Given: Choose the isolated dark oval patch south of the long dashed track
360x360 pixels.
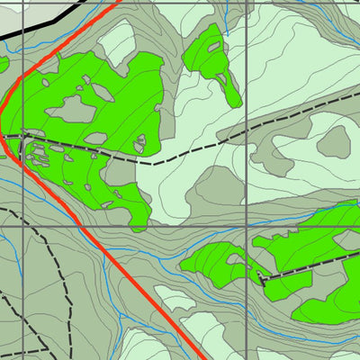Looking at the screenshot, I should pyautogui.click(x=335, y=140).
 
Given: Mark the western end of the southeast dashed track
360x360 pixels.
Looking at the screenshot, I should pyautogui.click(x=263, y=281).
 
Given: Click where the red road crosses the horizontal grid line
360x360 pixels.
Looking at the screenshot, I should pyautogui.click(x=84, y=227).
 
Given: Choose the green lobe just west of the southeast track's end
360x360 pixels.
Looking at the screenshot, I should pyautogui.click(x=216, y=261).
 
